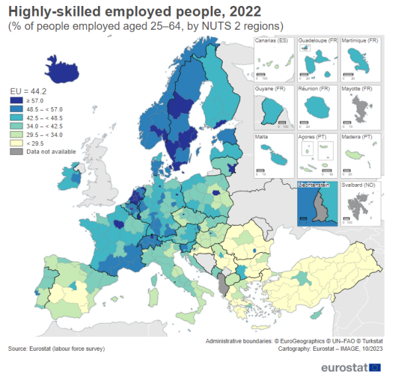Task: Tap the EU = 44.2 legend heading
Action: [x=27, y=90]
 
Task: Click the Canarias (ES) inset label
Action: [x=273, y=41]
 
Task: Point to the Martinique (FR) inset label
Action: [x=360, y=41]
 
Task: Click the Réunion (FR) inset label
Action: [x=315, y=89]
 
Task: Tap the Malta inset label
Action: [x=263, y=137]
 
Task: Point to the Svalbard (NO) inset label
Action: [x=358, y=185]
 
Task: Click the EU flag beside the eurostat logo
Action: [x=375, y=366]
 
